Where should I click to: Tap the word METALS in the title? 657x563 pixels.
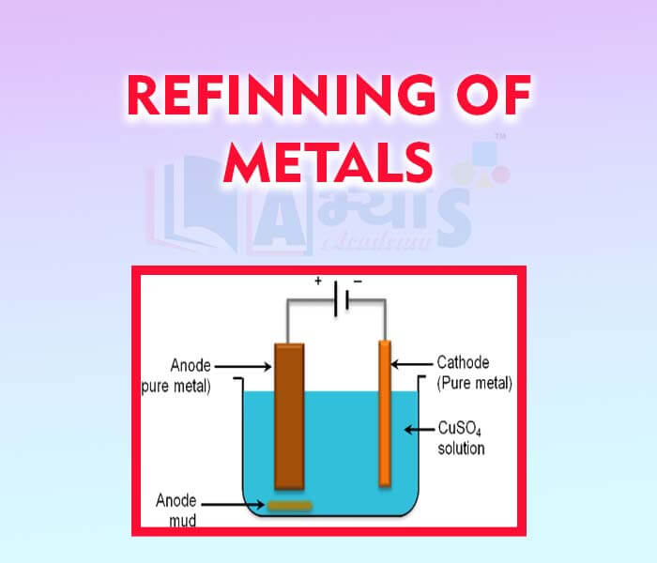328,161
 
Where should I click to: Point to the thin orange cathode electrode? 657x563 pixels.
384,413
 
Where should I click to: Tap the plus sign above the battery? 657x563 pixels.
318,281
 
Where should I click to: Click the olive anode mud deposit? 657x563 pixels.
289,508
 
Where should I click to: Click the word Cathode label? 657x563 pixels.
463,362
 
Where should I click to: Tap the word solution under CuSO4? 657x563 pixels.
461,449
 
